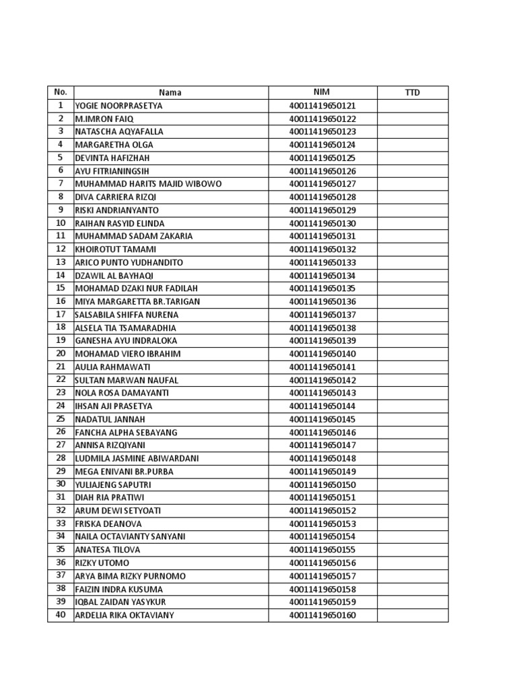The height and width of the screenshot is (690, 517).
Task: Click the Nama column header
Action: pos(170,92)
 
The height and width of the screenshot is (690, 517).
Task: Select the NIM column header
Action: pos(322,92)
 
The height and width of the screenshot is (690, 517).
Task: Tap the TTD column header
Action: pos(412,92)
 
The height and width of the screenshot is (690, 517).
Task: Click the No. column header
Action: pos(61,92)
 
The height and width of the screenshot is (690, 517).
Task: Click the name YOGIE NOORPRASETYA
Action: pos(118,106)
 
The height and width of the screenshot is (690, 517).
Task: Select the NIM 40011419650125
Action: pos(322,158)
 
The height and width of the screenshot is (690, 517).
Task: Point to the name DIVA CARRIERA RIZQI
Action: pos(116,197)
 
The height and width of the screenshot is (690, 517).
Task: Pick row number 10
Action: pos(61,223)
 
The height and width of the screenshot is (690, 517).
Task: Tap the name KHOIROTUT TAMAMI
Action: pos(115,249)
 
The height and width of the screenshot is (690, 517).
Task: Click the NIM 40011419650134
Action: pos(322,275)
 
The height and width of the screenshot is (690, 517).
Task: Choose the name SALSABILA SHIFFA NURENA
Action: pos(127,315)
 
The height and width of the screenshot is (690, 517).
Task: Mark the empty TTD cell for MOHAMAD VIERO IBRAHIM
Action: pos(412,354)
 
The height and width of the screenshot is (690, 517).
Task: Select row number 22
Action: pos(61,380)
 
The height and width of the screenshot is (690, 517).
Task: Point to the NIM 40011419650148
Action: pos(322,458)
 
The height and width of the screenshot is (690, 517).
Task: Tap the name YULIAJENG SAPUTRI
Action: pos(112,484)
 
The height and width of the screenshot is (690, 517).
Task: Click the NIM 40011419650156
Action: pos(322,563)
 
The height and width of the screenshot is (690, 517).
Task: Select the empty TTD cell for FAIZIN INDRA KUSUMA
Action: pos(412,589)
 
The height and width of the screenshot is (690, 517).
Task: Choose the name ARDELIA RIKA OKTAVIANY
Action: pos(124,615)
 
